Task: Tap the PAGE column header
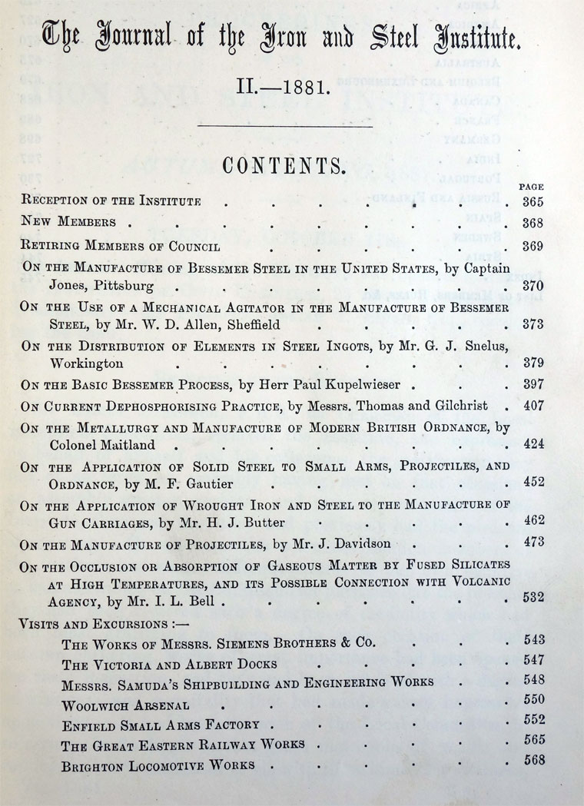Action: [532, 186]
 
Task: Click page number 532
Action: [532, 597]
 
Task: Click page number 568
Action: [532, 761]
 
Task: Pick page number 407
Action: [532, 403]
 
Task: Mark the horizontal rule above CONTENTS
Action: [285, 126]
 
